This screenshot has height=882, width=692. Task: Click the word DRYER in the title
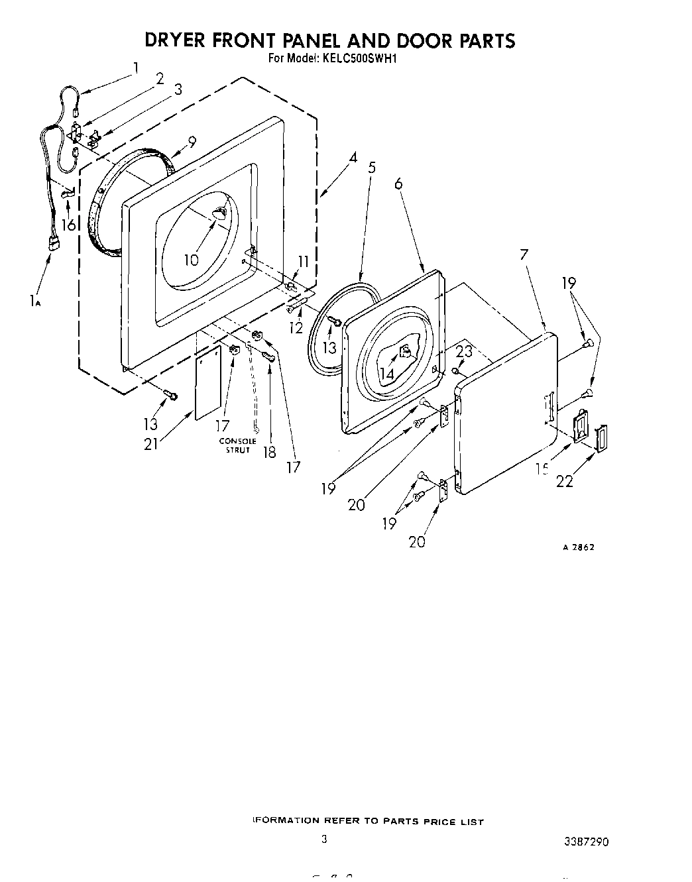(x=176, y=40)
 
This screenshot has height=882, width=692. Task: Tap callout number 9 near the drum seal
(x=192, y=141)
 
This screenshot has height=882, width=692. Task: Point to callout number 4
(x=353, y=158)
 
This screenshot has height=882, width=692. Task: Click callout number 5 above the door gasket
(x=372, y=168)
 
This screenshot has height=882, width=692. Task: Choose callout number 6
(x=398, y=184)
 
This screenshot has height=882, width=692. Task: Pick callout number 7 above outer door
(x=524, y=254)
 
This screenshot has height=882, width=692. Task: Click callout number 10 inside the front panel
(x=191, y=260)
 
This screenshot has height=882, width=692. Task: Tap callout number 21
(x=151, y=443)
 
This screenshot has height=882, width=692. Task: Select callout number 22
(x=565, y=481)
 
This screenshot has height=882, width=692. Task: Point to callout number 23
(x=464, y=351)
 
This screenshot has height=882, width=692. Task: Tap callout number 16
(x=68, y=225)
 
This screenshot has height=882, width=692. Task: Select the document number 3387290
(x=586, y=842)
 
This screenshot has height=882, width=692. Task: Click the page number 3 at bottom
(x=324, y=839)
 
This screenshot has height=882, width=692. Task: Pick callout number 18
(x=269, y=453)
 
